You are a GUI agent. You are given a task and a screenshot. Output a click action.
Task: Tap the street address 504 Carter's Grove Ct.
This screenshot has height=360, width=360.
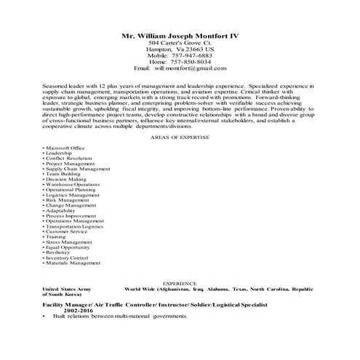[x=179, y=44]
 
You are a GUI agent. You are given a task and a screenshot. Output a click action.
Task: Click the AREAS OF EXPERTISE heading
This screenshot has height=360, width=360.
[x=180, y=136]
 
